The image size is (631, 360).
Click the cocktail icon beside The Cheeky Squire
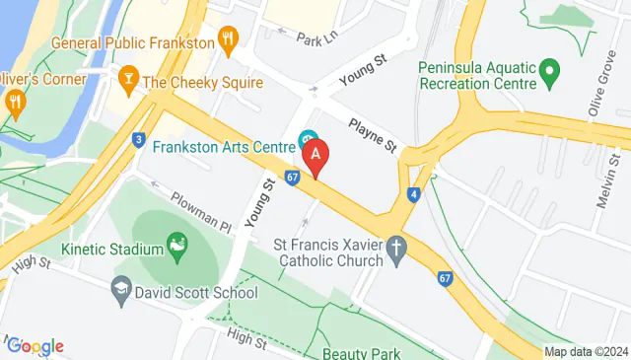[x=127, y=78]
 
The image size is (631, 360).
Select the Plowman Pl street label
[x=201, y=211]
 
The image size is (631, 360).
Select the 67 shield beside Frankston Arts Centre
[x=292, y=178]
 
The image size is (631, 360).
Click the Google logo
[x=35, y=345]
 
